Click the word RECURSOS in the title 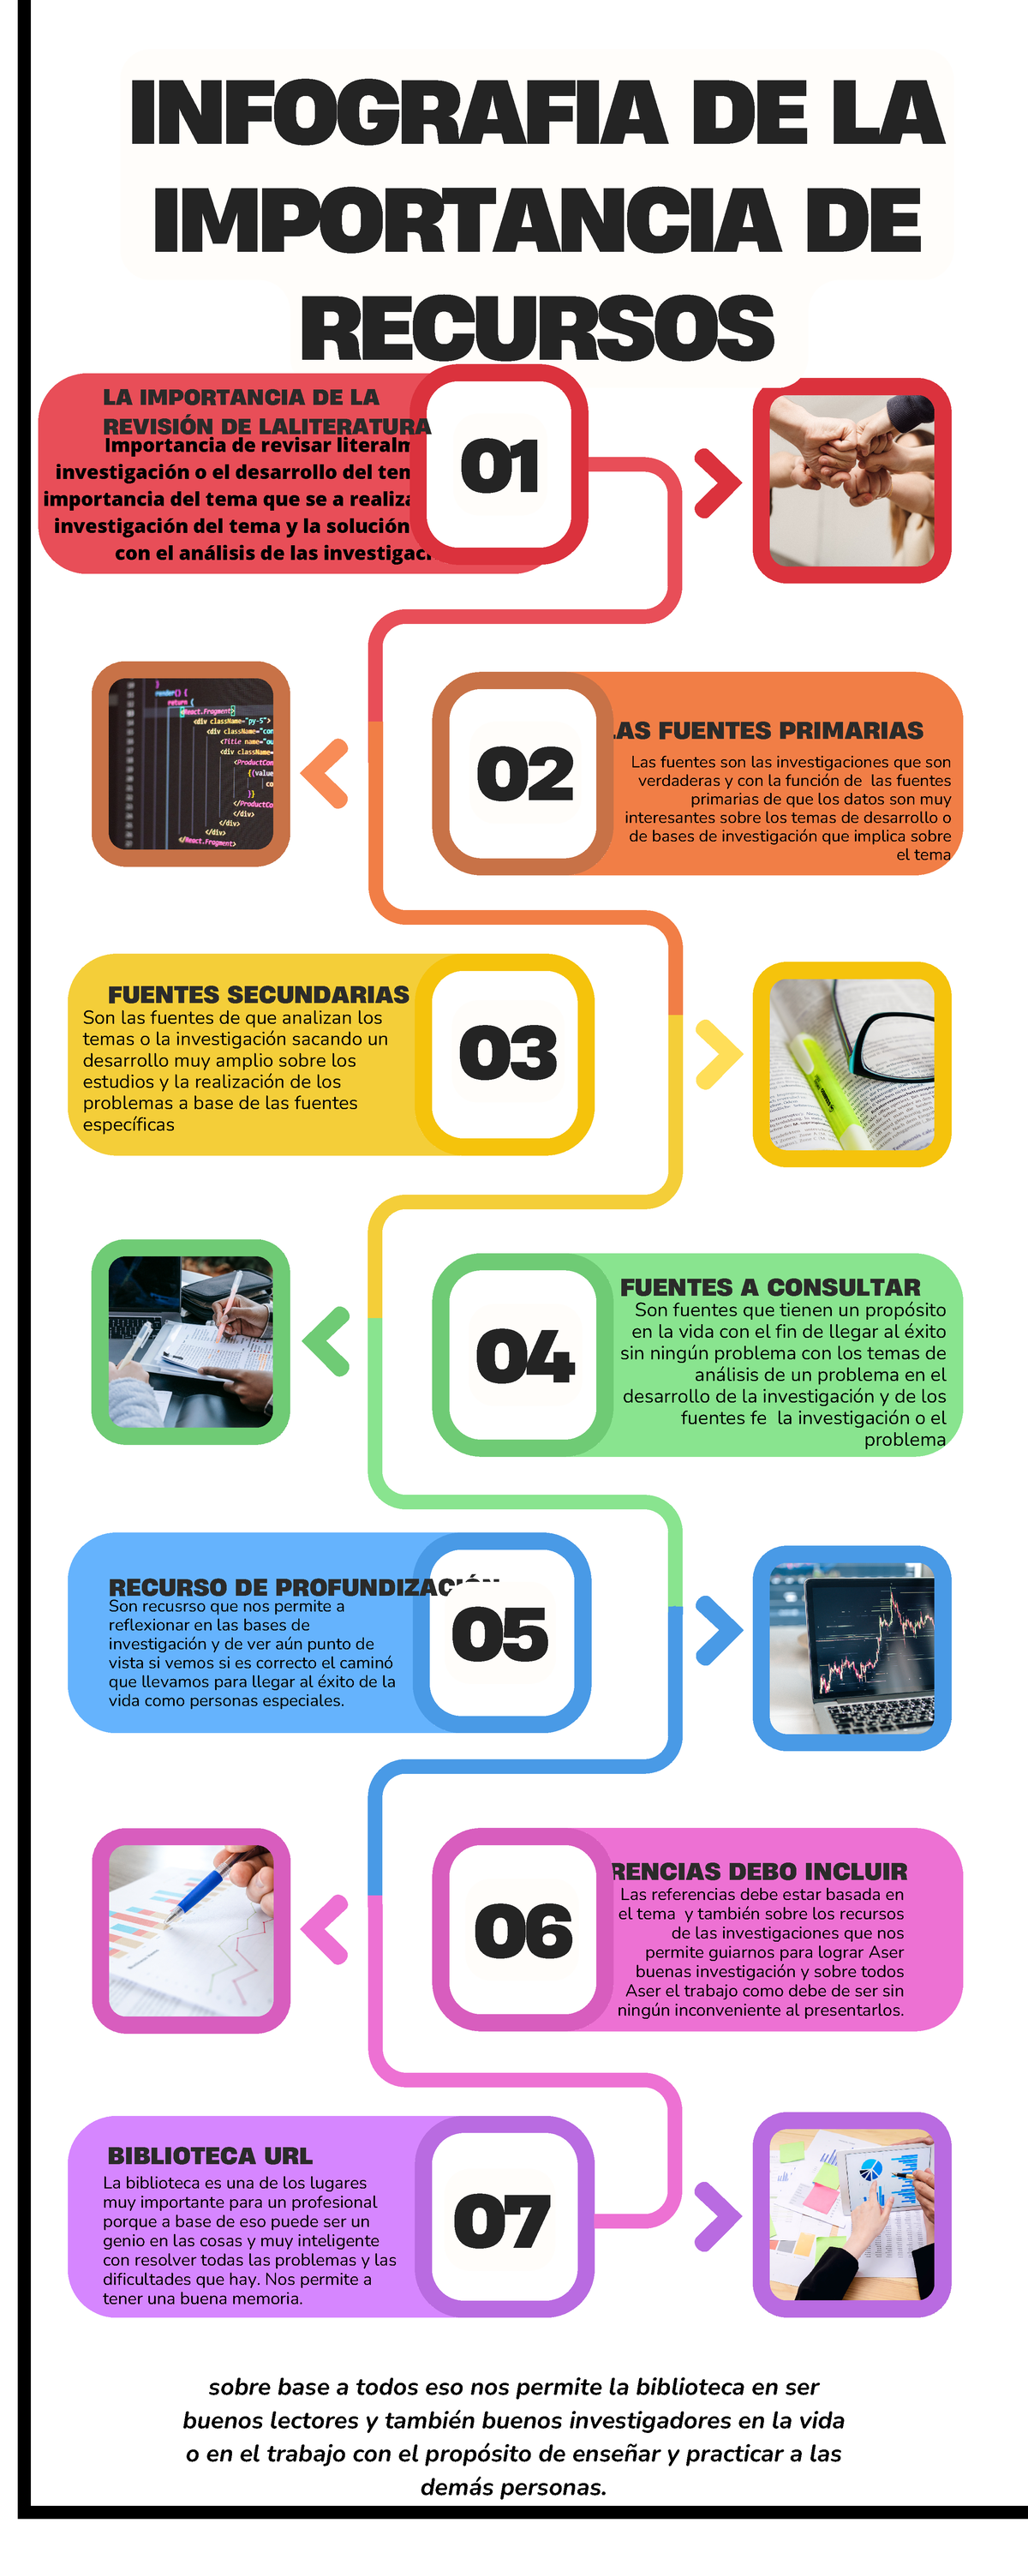537,328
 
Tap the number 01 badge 500,465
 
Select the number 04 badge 524,1356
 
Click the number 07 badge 501,2221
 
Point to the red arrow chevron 718,483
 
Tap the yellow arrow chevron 719,1054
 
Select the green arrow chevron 326,1341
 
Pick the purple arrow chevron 717,2217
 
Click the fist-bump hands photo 852,480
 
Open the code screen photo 191,764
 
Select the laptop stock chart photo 852,1648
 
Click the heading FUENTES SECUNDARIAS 259,994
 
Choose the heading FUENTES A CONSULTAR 770,1287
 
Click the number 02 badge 525,774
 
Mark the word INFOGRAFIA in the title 397,113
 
